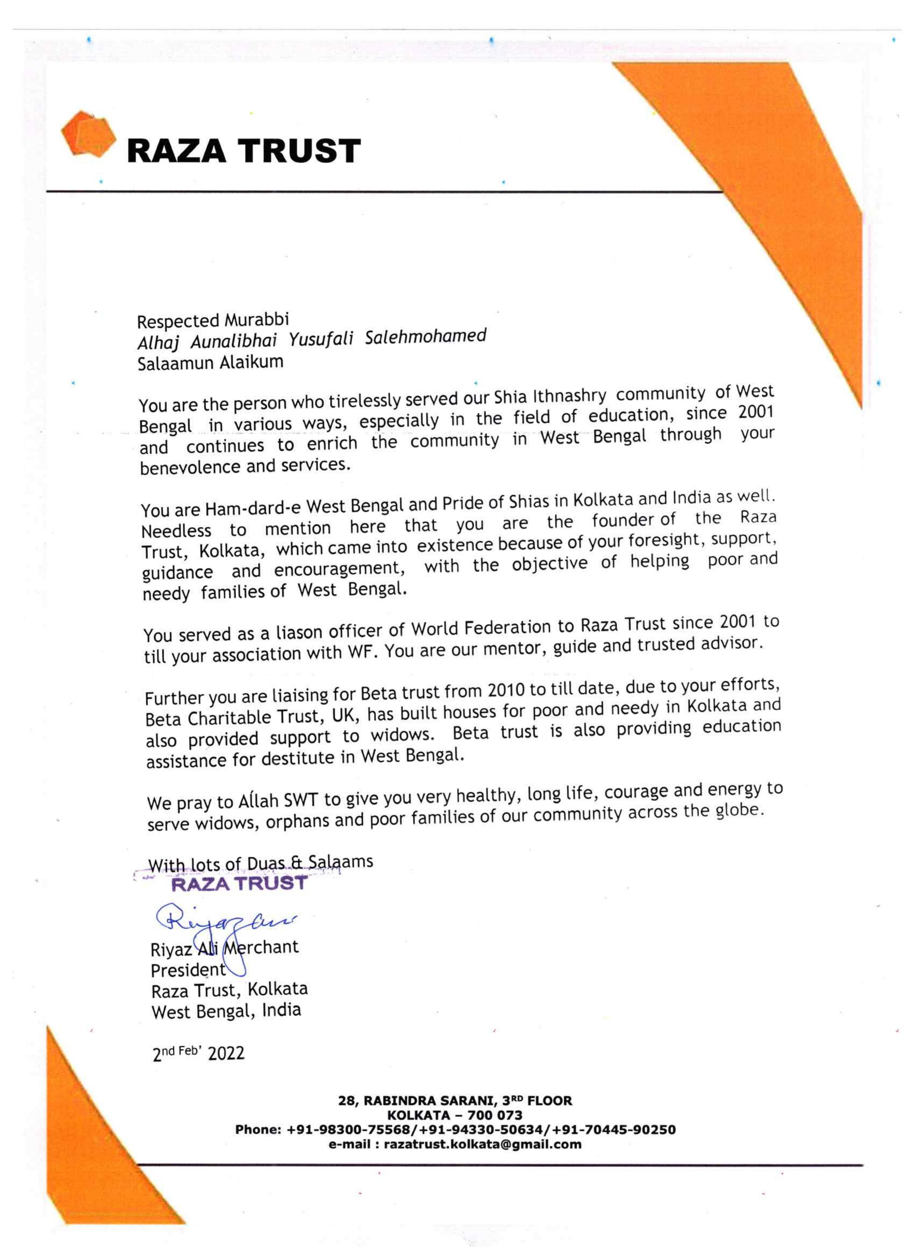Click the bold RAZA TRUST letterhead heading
(243, 151)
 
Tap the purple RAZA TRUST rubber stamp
(239, 883)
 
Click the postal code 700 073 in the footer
(494, 1115)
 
